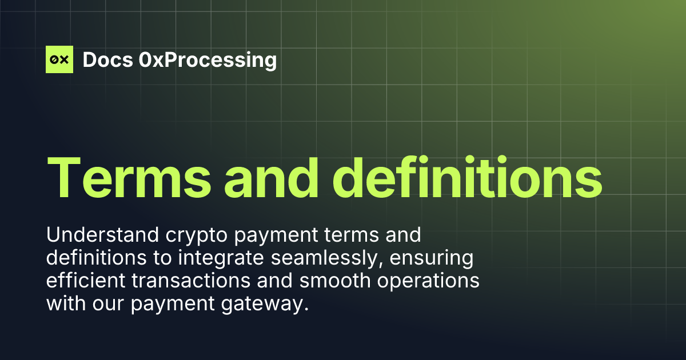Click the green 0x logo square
(59, 59)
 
